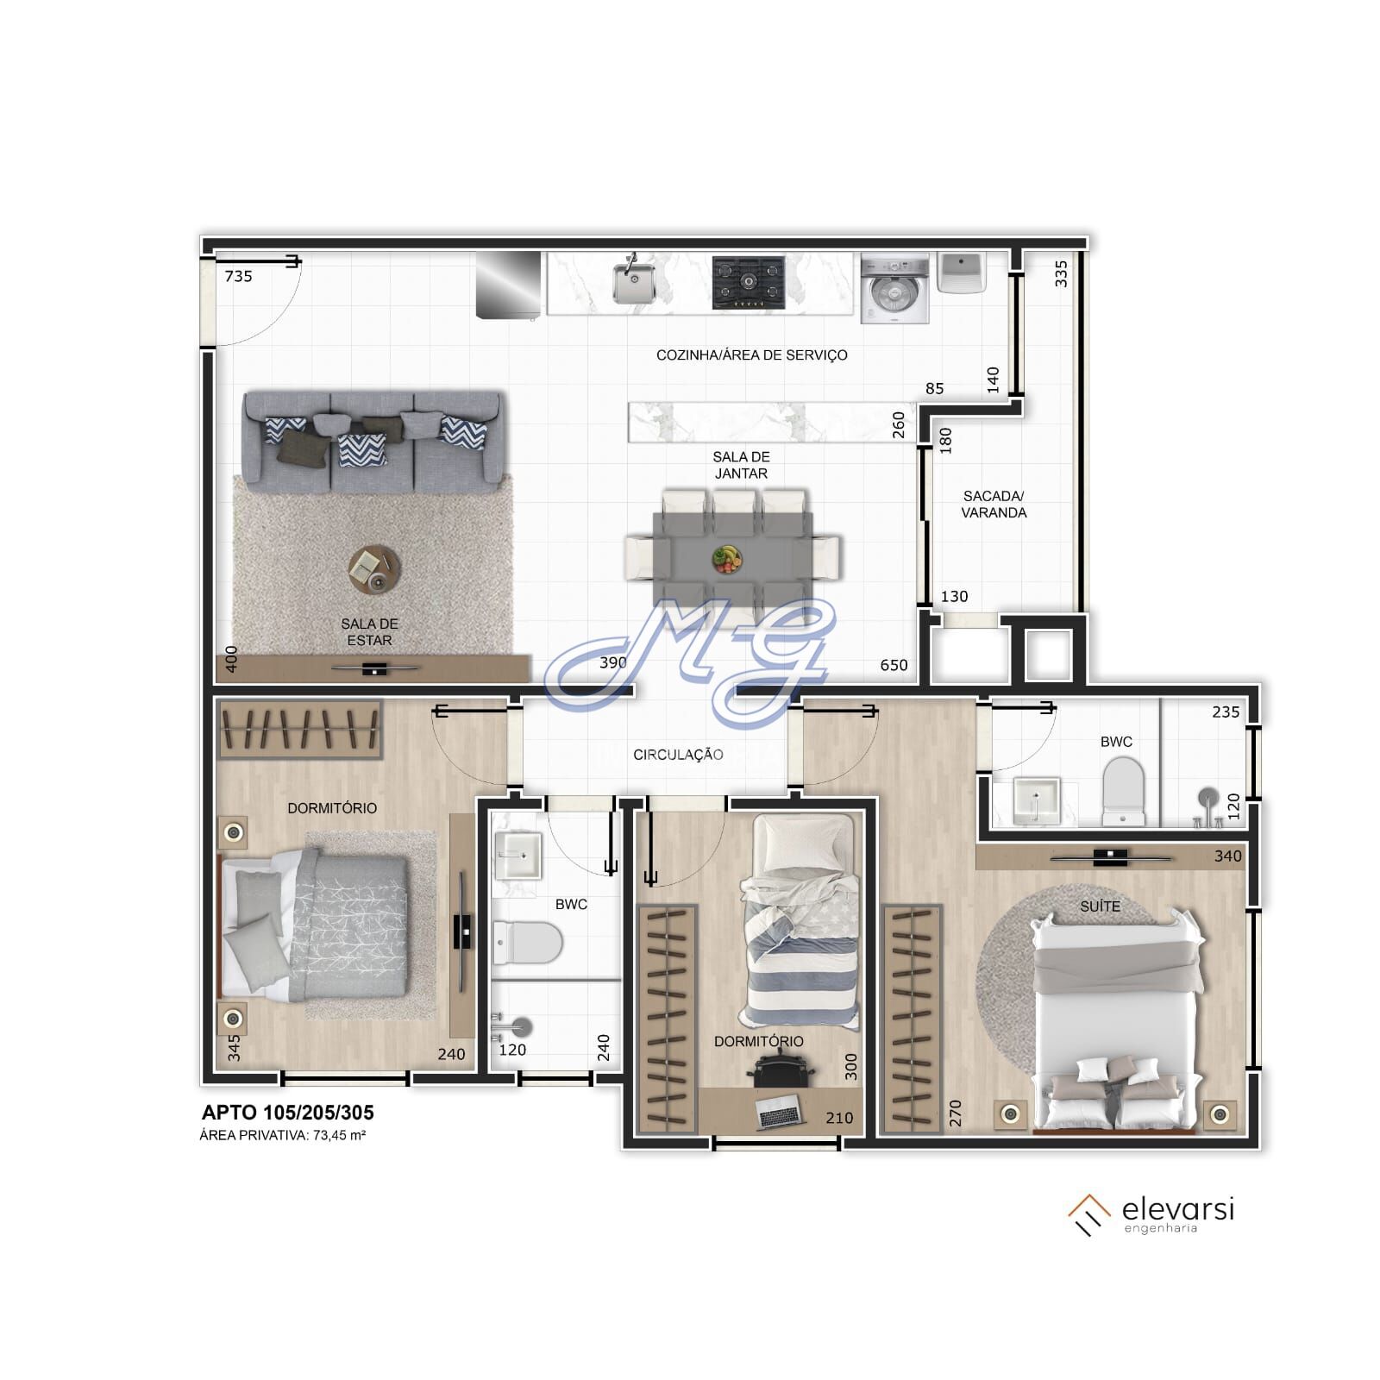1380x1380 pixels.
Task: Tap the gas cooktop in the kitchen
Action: tap(749, 282)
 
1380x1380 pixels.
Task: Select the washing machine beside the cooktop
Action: tap(895, 289)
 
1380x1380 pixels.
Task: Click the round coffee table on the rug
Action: tap(374, 570)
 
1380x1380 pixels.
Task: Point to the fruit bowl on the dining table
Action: tap(727, 558)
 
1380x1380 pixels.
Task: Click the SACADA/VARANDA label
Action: tap(994, 505)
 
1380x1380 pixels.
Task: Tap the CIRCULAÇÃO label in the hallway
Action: tap(678, 755)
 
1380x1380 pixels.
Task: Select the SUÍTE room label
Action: tap(1100, 906)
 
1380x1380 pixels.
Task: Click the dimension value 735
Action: tap(238, 276)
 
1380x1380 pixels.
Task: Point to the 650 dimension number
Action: tap(894, 665)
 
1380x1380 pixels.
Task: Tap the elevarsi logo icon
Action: tap(1088, 1214)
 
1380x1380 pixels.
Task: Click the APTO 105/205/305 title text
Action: tap(287, 1113)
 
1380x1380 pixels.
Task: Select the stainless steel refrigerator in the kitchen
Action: tap(509, 285)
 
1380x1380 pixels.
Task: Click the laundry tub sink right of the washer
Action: tap(962, 273)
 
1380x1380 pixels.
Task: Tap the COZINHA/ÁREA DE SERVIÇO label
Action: tap(751, 354)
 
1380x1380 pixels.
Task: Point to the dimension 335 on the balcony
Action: tap(1062, 273)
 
